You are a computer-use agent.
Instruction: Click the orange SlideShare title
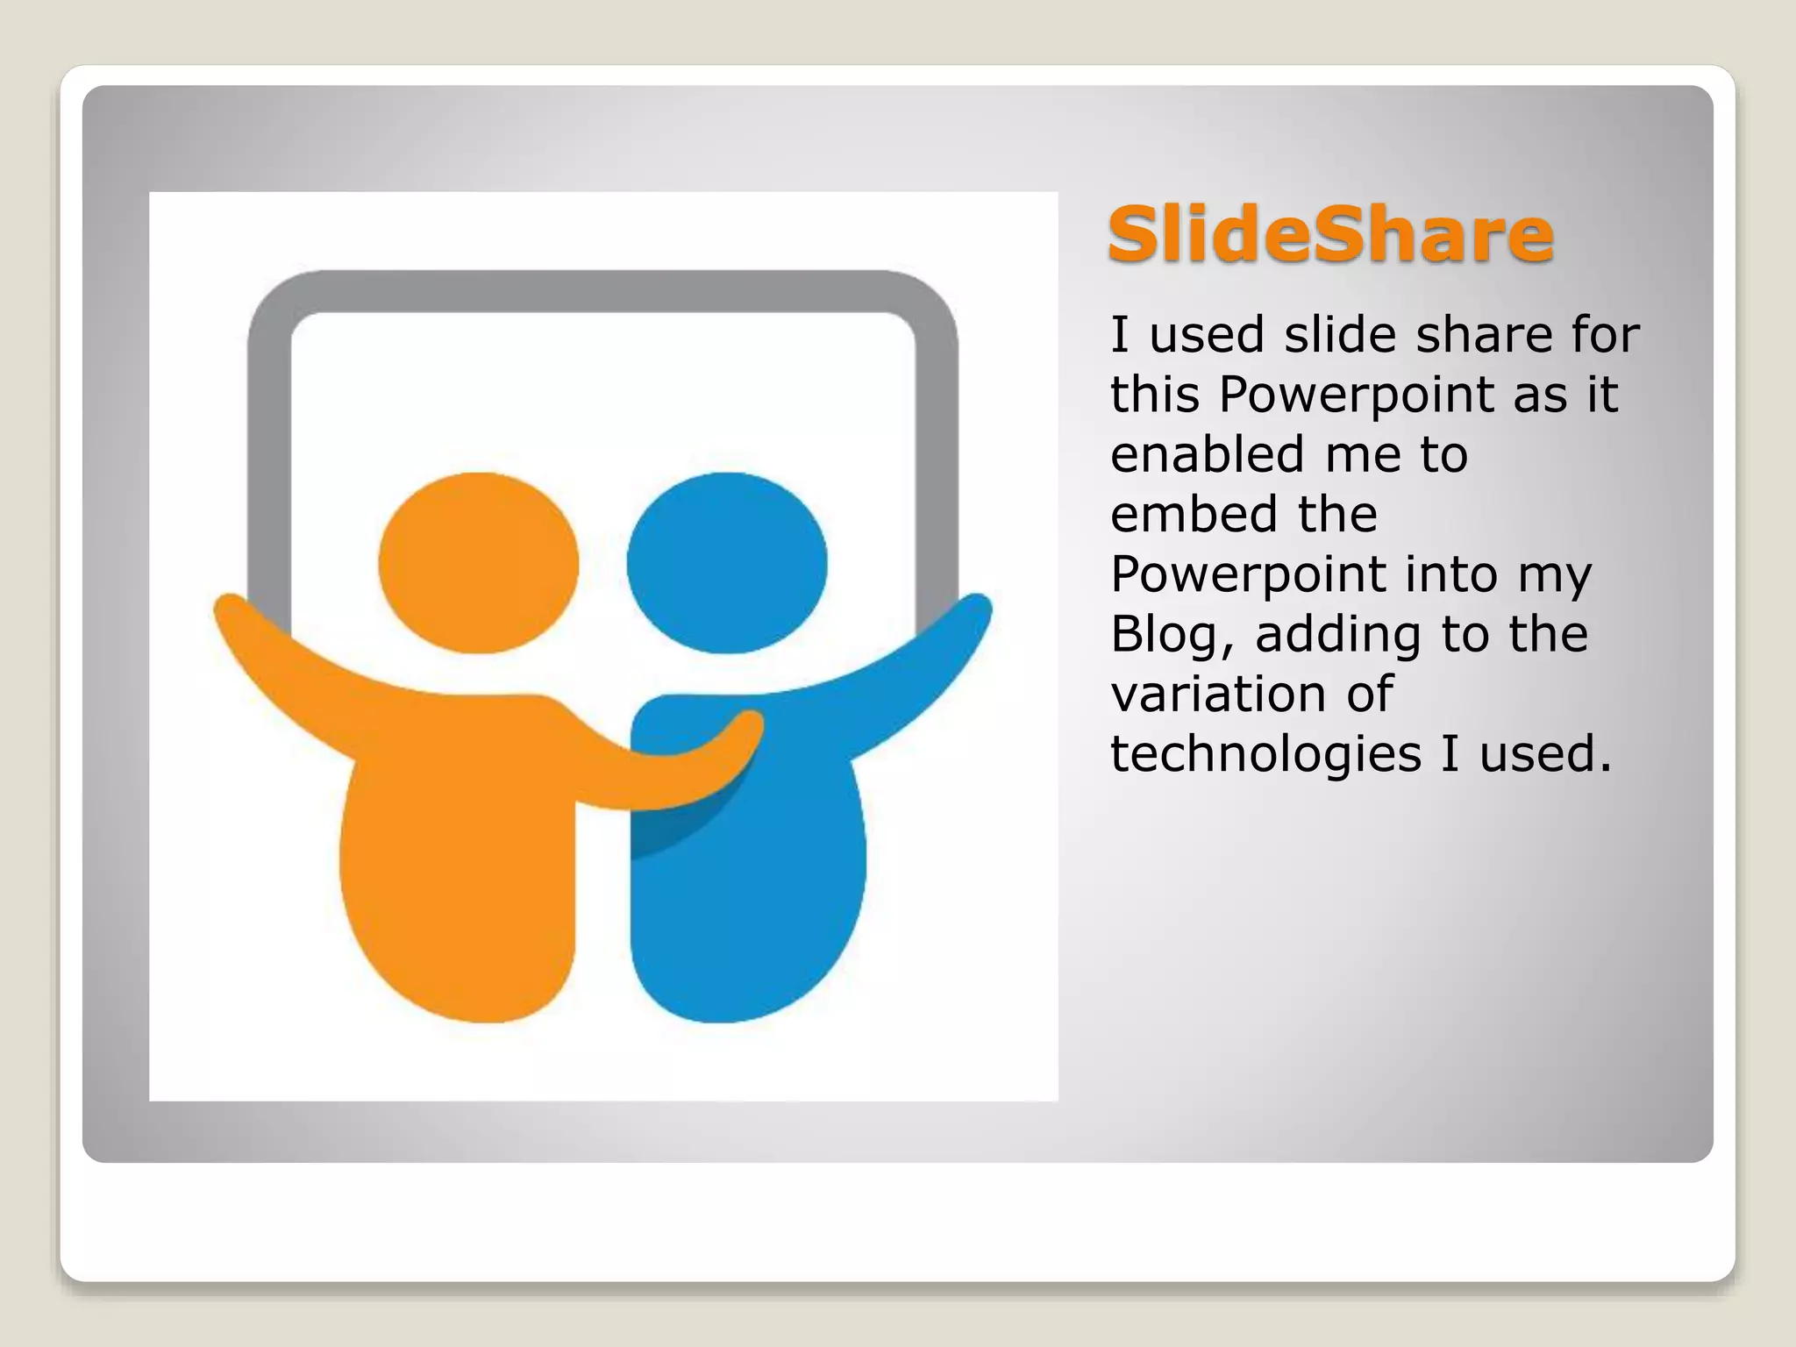point(1329,235)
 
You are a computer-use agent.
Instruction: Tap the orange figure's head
point(479,563)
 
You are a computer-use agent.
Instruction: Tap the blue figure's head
point(727,563)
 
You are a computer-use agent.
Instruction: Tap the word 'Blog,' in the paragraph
point(1172,635)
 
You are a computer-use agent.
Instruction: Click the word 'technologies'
point(1265,754)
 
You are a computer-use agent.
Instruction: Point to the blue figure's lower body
point(745,912)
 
